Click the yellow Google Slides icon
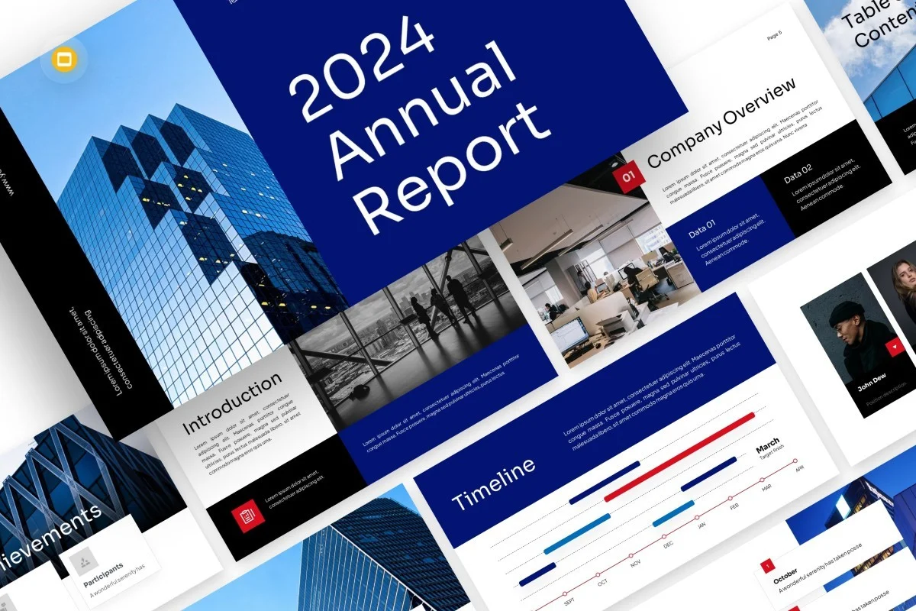pos(60,60)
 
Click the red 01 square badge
pos(629,177)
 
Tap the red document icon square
pos(247,516)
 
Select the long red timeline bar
pos(679,456)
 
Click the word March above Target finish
pos(767,445)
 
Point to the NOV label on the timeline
pos(635,563)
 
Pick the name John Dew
pos(872,384)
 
